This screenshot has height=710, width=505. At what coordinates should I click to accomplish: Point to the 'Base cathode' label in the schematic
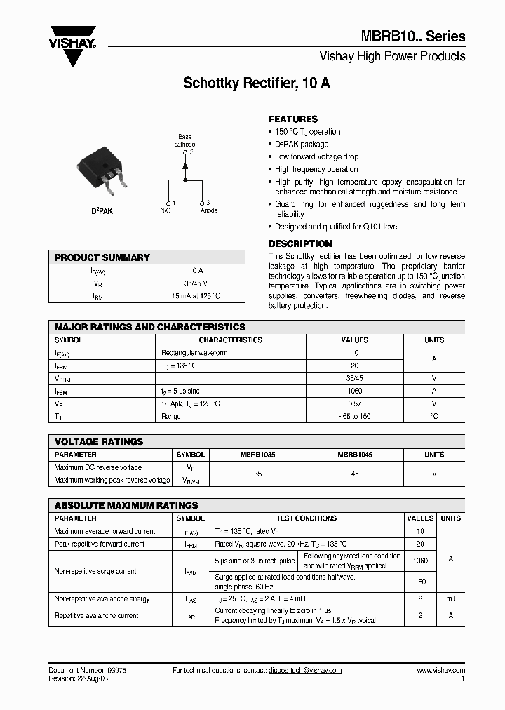click(185, 140)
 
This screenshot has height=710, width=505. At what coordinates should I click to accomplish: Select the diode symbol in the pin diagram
click(185, 166)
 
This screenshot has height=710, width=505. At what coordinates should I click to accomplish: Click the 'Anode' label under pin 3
click(209, 210)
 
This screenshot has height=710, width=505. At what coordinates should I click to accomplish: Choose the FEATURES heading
click(293, 119)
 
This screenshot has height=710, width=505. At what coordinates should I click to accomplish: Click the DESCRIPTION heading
click(300, 243)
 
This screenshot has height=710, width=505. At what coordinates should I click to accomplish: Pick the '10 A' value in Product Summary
click(196, 270)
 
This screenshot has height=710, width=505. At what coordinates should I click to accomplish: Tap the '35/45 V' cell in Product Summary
click(196, 283)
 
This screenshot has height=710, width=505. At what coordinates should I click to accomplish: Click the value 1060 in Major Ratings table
click(354, 391)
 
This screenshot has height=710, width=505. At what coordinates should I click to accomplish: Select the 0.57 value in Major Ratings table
click(354, 403)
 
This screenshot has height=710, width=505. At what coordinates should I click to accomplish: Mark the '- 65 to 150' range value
click(354, 416)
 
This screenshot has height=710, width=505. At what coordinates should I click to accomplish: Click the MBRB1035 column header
click(257, 455)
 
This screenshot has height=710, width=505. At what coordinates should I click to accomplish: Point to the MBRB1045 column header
click(355, 455)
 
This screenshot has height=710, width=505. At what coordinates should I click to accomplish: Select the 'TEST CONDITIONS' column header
click(306, 518)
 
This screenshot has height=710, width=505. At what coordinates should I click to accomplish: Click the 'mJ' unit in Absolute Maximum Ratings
click(450, 598)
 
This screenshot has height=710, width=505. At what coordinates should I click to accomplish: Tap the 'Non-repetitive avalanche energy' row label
click(102, 598)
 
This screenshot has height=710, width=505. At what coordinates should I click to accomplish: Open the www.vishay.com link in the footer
click(441, 670)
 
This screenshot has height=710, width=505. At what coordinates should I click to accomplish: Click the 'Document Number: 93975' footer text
click(88, 670)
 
